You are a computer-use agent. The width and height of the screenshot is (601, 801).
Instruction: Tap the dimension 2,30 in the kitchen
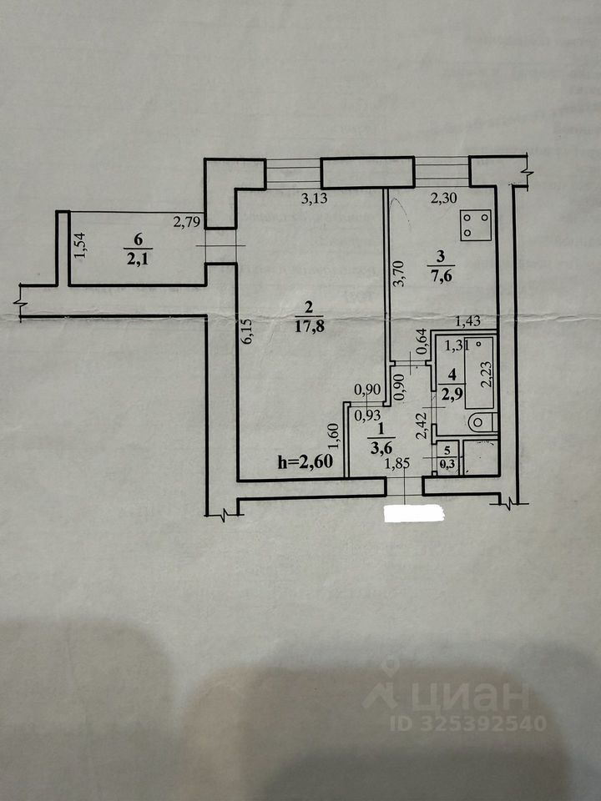click(444, 199)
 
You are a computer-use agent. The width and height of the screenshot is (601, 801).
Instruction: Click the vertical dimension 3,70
click(399, 271)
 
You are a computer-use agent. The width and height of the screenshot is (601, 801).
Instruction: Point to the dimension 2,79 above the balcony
click(187, 222)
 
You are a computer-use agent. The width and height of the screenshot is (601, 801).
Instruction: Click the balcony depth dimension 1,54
click(79, 245)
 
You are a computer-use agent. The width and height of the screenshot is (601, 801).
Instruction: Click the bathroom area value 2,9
click(452, 391)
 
